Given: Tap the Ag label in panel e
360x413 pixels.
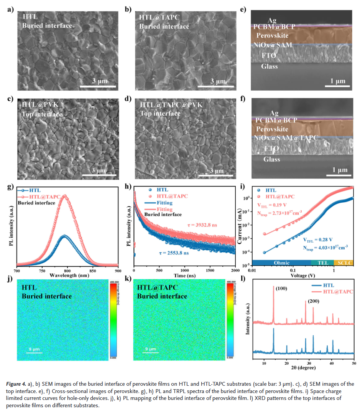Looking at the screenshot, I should point(271,20).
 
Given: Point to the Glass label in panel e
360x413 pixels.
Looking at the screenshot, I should point(269,66).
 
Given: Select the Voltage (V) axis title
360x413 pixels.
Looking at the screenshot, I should point(302,275).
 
